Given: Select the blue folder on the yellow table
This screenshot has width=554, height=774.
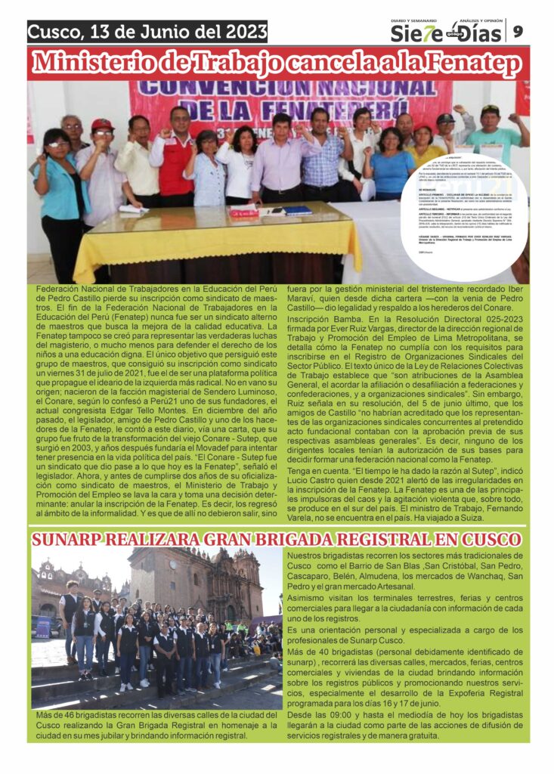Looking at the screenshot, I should point(297,211).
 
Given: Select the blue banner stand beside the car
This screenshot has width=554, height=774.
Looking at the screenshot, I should point(43,627).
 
